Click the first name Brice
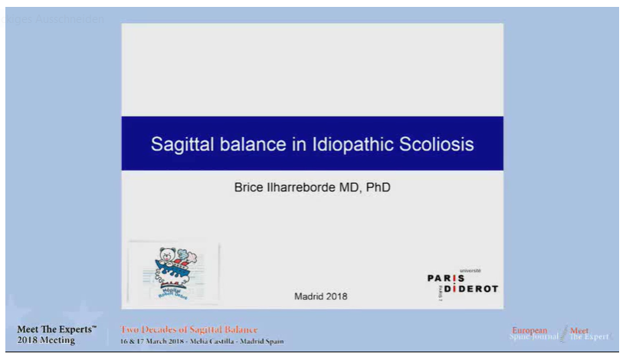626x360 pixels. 249,186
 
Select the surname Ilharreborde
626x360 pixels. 305,186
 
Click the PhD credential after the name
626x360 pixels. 378,186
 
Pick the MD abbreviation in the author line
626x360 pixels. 351,186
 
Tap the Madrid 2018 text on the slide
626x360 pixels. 320,296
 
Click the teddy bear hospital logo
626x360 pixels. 173,273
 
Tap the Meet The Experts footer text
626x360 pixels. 57,329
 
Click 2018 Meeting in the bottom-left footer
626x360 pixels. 47,340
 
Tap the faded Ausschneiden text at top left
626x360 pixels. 73,19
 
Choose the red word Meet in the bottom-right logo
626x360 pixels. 579,331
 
